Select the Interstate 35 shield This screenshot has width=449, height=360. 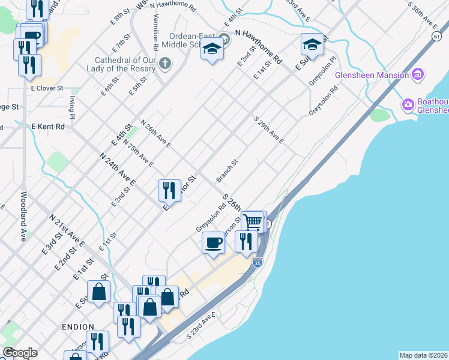point(257,263)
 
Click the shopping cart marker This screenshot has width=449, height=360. point(253,221)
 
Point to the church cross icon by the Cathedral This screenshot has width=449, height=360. point(165,63)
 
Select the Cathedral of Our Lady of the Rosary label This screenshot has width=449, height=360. point(125,64)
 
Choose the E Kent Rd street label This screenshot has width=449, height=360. point(47,127)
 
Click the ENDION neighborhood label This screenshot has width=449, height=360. point(77,327)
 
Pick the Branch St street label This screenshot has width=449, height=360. point(228,170)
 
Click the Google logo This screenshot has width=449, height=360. point(19,352)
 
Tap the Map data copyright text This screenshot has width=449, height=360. point(423,355)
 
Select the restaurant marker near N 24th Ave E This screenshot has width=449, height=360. point(169,190)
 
